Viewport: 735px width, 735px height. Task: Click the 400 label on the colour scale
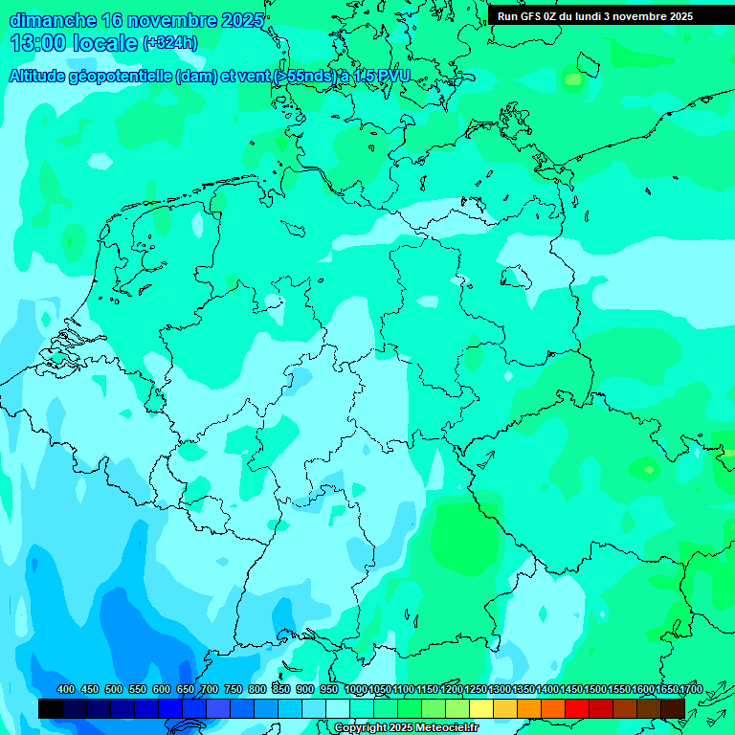pyautogui.click(x=66, y=689)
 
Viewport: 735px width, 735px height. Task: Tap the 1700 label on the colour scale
pyautogui.click(x=691, y=689)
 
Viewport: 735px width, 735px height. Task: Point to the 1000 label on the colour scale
pyautogui.click(x=356, y=689)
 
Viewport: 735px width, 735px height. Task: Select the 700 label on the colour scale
pyautogui.click(x=210, y=689)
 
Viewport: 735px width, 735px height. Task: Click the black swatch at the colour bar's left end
pyautogui.click(x=51, y=708)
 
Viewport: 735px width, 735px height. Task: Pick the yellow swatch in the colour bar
pyautogui.click(x=481, y=708)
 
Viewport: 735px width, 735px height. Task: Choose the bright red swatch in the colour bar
pyautogui.click(x=577, y=708)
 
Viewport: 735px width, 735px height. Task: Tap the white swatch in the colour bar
pyautogui.click(x=338, y=708)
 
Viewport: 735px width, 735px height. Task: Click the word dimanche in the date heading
pyautogui.click(x=53, y=20)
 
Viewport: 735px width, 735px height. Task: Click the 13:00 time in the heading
pyautogui.click(x=40, y=43)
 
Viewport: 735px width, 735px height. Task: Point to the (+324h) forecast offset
pyautogui.click(x=169, y=43)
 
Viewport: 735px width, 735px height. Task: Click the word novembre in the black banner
pyautogui.click(x=639, y=16)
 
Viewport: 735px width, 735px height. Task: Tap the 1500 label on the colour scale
pyautogui.click(x=595, y=689)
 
